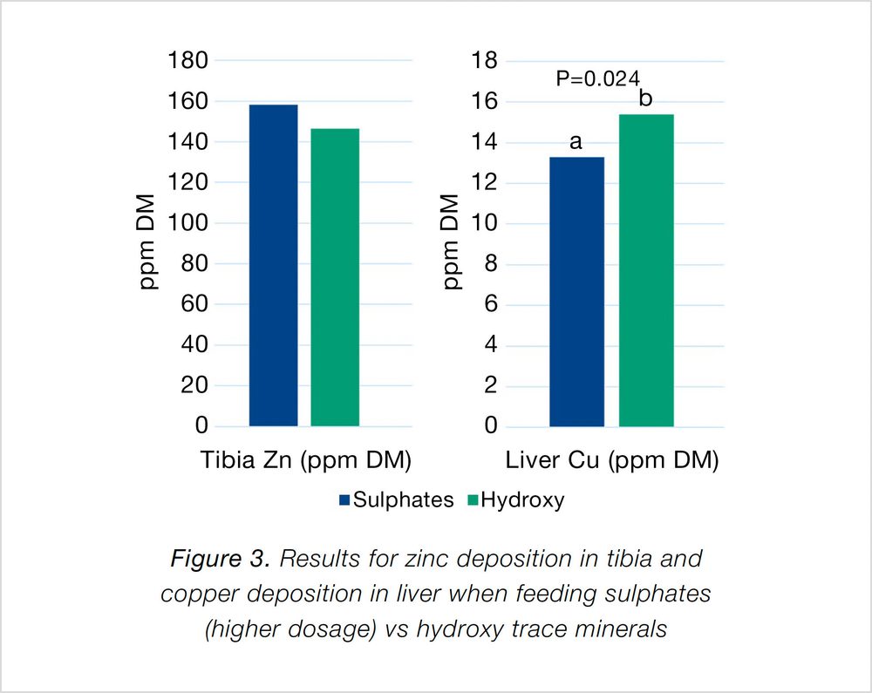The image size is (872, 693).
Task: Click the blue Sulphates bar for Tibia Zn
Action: tap(274, 265)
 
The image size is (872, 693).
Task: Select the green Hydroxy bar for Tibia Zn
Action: tap(335, 277)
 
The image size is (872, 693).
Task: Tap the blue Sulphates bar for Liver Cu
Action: tap(576, 291)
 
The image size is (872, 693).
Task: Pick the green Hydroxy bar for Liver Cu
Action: tap(646, 270)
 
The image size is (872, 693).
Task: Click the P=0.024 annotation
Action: tap(597, 78)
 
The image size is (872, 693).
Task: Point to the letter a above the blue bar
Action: tap(576, 141)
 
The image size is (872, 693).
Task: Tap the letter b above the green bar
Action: tap(645, 99)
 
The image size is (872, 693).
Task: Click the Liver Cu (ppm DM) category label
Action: tap(611, 460)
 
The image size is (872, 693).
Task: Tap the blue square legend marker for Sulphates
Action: tap(344, 500)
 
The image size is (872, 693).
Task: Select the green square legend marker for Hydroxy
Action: tap(473, 500)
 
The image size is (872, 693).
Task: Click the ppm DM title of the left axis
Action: tap(150, 244)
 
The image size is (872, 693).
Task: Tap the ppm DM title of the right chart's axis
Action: tap(451, 244)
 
